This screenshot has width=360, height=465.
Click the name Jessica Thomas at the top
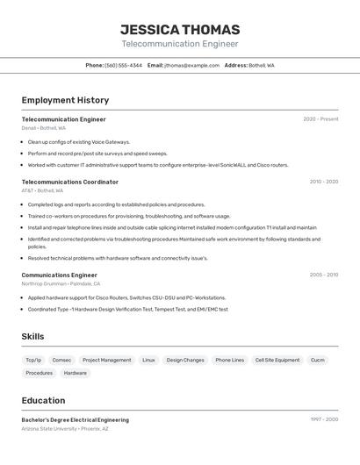179,29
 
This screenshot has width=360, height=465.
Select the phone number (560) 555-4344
123,65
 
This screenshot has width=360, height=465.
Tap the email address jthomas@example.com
191,65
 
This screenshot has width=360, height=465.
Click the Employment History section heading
65,100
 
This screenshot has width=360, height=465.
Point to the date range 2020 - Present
320,119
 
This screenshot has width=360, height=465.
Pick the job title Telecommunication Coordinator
69,182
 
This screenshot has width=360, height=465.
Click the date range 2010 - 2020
323,182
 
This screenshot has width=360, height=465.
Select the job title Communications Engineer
59,275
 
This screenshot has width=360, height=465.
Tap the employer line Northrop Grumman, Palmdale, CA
61,284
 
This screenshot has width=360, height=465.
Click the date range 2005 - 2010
323,275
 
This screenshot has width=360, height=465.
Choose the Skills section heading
32,336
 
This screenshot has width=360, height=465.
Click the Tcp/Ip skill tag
33,360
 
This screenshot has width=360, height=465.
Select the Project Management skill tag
106,360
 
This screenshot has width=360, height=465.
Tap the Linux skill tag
148,360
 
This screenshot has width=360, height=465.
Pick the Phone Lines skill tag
230,360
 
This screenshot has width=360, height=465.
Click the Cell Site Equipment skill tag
277,360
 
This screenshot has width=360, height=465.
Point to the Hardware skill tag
76,373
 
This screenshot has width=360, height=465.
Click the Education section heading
43,400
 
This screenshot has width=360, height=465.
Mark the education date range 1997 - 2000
324,419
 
